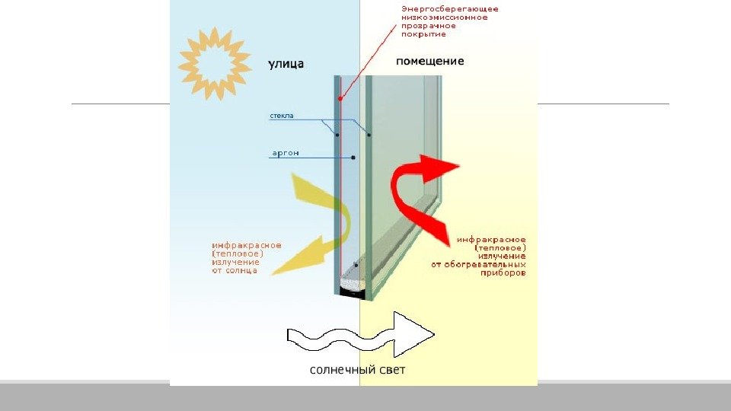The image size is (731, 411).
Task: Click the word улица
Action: [x=286, y=64]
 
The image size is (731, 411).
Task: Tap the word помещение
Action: [x=430, y=60]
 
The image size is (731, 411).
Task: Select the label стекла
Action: [x=282, y=116]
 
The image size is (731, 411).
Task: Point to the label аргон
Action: [x=286, y=153]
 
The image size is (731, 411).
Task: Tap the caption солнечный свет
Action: [x=357, y=371]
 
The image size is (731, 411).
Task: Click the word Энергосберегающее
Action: [x=450, y=9]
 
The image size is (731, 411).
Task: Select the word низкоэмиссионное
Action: [x=445, y=18]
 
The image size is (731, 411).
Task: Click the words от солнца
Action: [x=235, y=270]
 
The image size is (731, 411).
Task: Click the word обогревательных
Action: [x=484, y=264]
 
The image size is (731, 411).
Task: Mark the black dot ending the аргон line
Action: [x=354, y=158]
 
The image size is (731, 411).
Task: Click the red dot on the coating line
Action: [x=340, y=98]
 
